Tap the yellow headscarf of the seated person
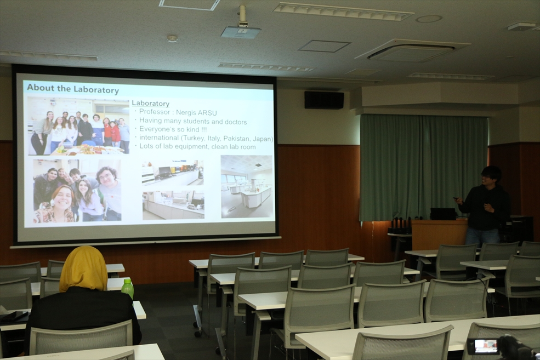83,269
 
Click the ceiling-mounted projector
241,28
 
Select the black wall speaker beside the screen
324,100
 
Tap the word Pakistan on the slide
237,138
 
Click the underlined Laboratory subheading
151,103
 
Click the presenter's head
491,175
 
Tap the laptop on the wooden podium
443,214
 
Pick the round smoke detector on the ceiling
172,38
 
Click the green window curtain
423,167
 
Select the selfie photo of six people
77,190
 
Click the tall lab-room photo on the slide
246,186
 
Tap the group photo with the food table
78,126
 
